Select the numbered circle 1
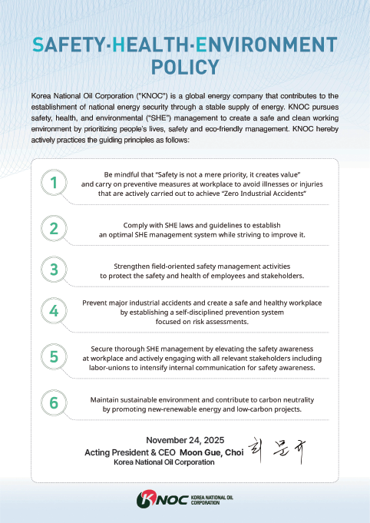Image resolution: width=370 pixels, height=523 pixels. point(54,183)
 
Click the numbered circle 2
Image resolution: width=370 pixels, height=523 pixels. point(54,228)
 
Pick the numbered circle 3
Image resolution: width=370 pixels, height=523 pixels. point(54,270)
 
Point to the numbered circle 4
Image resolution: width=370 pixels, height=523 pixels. point(54,311)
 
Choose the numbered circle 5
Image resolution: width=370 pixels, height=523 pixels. point(54,357)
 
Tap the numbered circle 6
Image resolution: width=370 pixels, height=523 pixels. point(54,403)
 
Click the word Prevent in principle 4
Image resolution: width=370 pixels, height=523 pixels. point(96,302)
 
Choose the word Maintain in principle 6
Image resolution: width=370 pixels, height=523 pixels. point(105,399)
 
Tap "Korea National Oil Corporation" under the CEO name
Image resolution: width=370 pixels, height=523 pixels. point(164,463)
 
